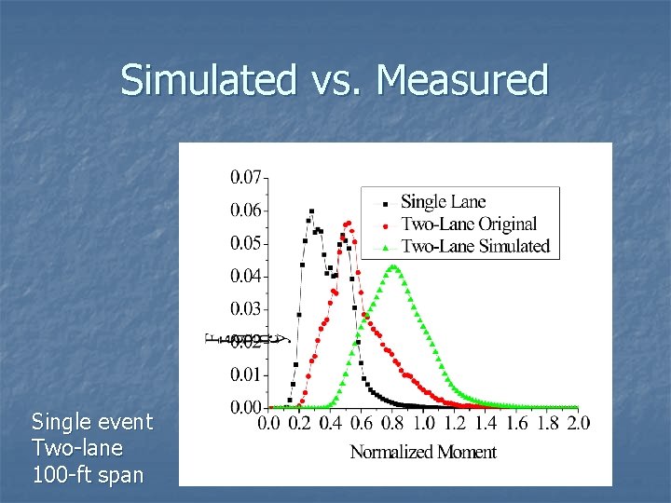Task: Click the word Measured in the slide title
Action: tap(462, 80)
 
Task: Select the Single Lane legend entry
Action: tap(443, 202)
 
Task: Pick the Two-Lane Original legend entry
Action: tap(468, 224)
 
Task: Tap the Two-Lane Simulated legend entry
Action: tap(474, 247)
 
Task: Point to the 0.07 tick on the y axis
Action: tap(246, 176)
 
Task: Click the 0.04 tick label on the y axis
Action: tap(246, 276)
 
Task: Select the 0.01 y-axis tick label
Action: tap(246, 374)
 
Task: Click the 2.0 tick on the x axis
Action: tap(578, 425)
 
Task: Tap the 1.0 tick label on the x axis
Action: tap(423, 425)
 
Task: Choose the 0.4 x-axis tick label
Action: tap(330, 425)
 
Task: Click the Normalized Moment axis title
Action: tap(423, 453)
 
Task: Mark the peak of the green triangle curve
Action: tap(394, 267)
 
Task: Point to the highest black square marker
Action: tap(311, 211)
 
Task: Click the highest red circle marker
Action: tap(348, 223)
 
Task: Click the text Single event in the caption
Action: tap(91, 422)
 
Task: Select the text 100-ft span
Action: tap(88, 474)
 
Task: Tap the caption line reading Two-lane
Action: tap(76, 448)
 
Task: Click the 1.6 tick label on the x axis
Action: tap(516, 425)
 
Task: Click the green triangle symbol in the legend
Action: tap(386, 247)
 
